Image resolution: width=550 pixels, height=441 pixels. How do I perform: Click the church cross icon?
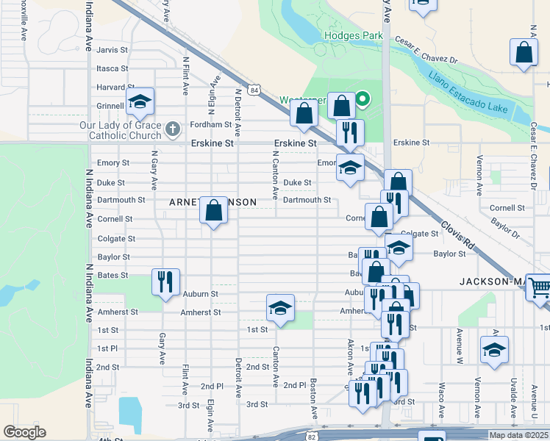[x=173, y=129]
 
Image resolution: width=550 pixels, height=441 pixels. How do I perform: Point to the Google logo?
[x=24, y=431]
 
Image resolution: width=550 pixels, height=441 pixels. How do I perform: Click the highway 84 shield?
[x=254, y=90]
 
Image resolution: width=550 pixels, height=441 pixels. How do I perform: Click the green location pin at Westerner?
[x=362, y=99]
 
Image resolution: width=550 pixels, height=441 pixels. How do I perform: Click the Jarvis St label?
[x=113, y=50]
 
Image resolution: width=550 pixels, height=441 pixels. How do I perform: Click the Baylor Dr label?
[x=505, y=228]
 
